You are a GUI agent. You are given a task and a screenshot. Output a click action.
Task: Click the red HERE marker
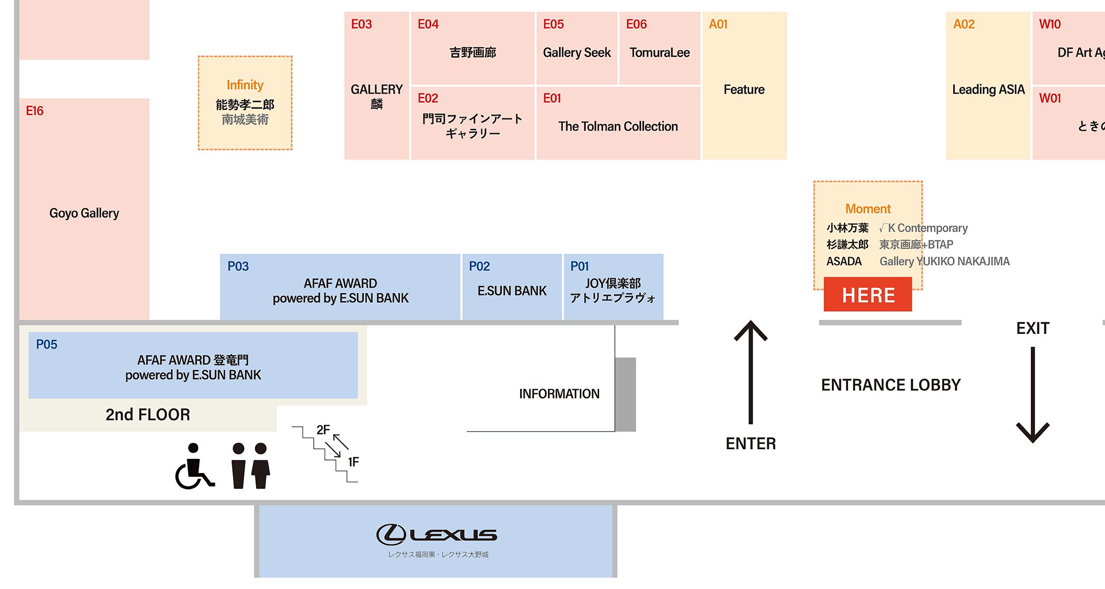[867, 295]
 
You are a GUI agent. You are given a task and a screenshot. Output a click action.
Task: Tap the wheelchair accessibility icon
[194, 466]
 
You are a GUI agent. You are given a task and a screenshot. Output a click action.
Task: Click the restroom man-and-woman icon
[250, 466]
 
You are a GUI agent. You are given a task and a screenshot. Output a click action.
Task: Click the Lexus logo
[437, 535]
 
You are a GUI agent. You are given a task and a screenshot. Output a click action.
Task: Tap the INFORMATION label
[559, 394]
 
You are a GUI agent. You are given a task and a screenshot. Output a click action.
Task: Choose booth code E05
[554, 24]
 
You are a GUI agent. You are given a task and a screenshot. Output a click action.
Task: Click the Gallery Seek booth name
[577, 53]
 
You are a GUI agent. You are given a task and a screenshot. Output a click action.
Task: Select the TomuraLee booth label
[660, 53]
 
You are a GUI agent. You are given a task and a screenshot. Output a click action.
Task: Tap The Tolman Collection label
[618, 127]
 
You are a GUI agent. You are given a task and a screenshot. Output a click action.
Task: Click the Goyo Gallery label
[84, 213]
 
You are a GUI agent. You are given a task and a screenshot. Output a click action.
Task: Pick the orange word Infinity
[245, 85]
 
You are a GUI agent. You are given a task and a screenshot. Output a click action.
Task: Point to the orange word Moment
[868, 209]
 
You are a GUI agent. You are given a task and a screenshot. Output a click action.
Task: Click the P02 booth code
[479, 266]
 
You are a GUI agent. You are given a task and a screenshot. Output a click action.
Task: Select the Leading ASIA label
[988, 90]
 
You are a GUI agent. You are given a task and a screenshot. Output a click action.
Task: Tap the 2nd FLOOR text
[148, 415]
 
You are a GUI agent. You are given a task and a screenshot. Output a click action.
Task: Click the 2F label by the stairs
[323, 430]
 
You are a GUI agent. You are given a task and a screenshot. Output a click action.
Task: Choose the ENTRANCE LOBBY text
[891, 385]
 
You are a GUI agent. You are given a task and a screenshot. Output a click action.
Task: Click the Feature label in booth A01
[744, 90]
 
